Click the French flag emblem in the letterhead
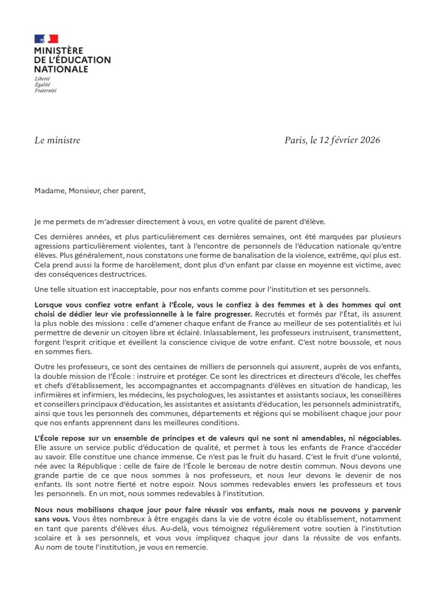tap(46, 39)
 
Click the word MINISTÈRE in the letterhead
tap(59, 51)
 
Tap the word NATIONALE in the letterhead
tap(61, 69)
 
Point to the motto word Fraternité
tap(45, 91)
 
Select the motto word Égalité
tap(42, 85)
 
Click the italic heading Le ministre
tap(57, 140)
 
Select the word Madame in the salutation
tap(49, 191)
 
